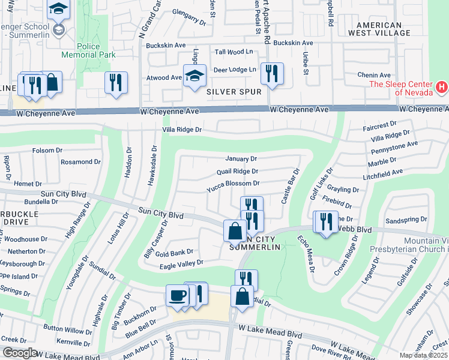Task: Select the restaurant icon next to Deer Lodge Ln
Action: click(x=272, y=74)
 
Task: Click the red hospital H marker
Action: click(x=442, y=88)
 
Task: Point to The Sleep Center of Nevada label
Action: click(x=402, y=88)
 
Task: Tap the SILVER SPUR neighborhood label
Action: click(x=234, y=92)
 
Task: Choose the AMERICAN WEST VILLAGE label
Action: click(x=387, y=29)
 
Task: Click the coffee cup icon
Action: click(x=177, y=296)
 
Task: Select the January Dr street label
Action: click(x=241, y=159)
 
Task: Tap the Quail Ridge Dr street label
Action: click(x=237, y=171)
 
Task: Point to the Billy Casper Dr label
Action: click(x=155, y=239)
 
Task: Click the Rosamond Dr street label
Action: click(x=80, y=162)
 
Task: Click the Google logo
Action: click(x=20, y=353)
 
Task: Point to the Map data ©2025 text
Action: click(x=424, y=355)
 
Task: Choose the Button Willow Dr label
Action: click(x=68, y=330)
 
